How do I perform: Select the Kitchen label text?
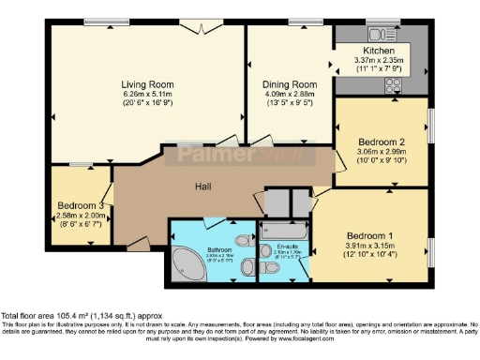coord(380,51)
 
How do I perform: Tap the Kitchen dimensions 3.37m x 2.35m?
coord(380,61)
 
